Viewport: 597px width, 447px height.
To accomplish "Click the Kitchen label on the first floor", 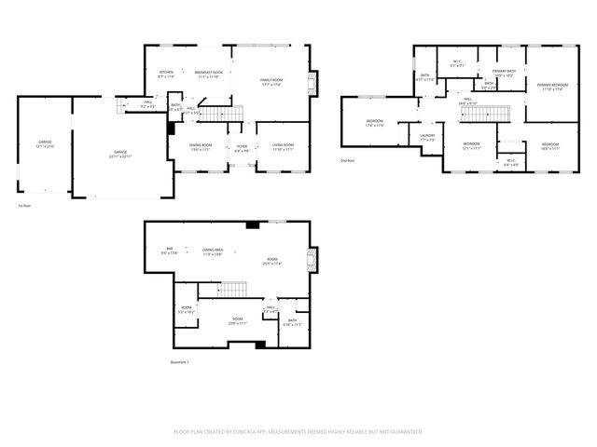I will click(x=166, y=73).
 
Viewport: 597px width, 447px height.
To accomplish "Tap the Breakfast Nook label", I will click(x=208, y=73).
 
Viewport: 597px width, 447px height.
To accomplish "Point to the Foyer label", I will click(x=242, y=146).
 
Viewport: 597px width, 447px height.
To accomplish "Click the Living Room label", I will click(x=283, y=146).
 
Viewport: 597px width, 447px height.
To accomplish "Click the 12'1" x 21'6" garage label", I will click(x=45, y=144).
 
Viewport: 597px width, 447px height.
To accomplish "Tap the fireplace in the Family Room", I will click(x=312, y=83).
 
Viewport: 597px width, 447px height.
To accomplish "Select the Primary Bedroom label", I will click(x=552, y=87).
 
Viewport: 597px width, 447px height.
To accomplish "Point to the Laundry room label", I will click(x=427, y=138).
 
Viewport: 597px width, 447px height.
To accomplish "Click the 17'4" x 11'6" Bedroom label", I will click(x=375, y=124).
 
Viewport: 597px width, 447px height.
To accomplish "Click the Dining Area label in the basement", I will click(x=212, y=251).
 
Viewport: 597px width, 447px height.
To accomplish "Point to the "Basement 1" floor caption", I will click(x=180, y=361).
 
